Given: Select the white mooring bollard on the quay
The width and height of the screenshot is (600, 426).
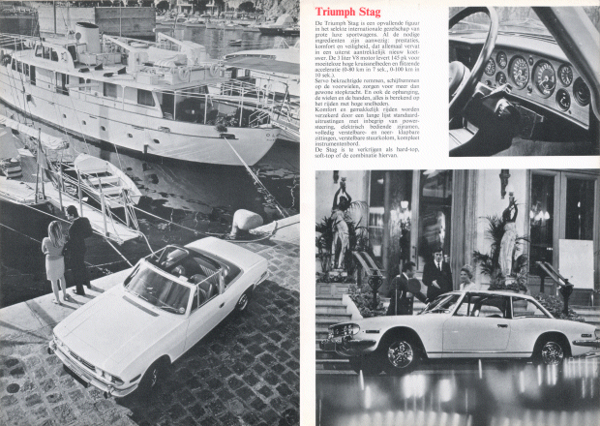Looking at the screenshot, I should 246,224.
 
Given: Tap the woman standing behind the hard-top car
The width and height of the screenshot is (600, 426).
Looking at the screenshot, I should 465,281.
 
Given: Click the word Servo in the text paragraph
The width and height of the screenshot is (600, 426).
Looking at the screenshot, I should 326,113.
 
